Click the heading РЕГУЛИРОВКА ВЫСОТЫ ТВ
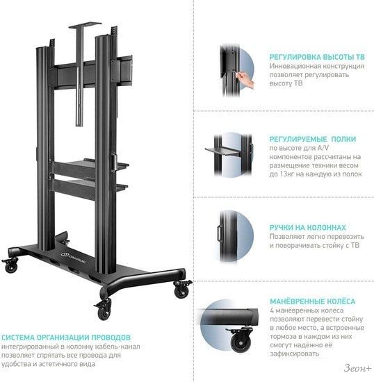pos(317,57)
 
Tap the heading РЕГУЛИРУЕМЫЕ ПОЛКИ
pos(313,139)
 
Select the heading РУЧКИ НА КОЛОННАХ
pos(308,228)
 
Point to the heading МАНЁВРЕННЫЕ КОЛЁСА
pos(313,301)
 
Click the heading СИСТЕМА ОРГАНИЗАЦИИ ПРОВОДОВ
pos(66,338)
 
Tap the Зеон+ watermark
pos(358,368)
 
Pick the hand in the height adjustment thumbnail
pos(245,78)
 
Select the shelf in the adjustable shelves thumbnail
pos(223,151)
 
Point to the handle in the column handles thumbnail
pos(220,233)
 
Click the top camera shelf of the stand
pos(85,25)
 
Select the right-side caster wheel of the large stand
pos(182,289)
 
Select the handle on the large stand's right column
pos(113,162)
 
